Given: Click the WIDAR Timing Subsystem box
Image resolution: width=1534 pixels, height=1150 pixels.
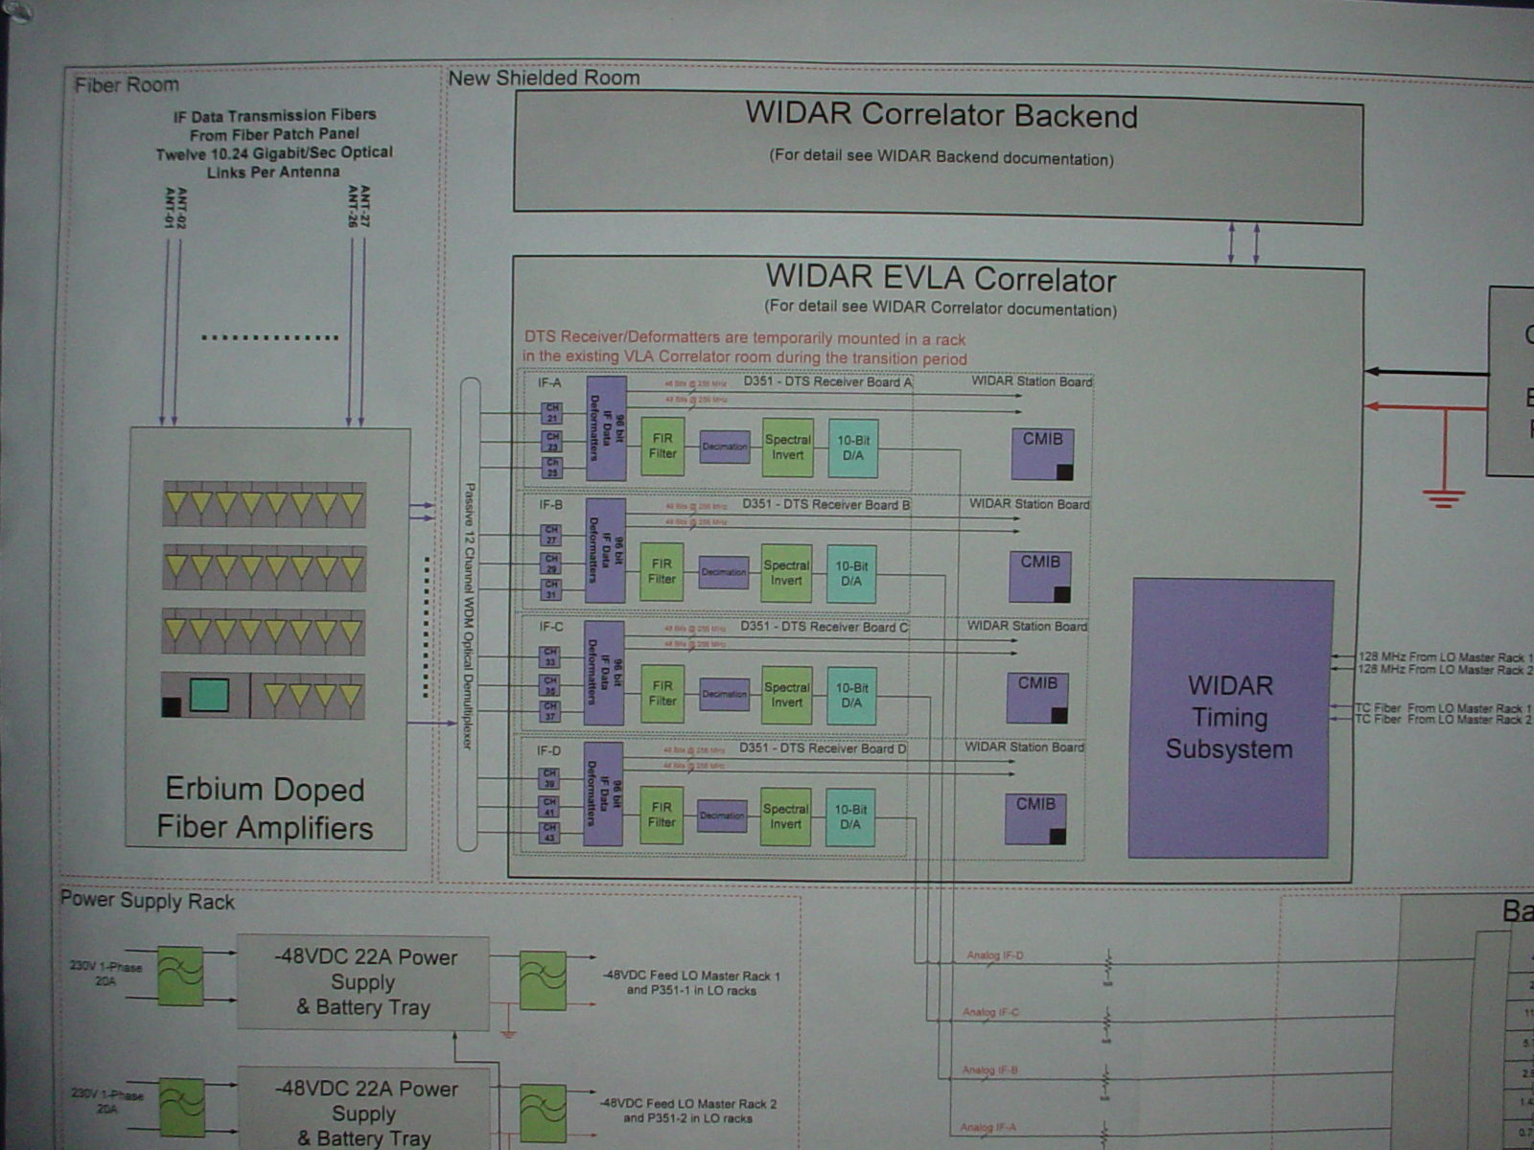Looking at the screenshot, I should [x=1230, y=718].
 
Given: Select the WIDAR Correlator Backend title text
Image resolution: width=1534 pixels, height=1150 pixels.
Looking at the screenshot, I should [x=941, y=115].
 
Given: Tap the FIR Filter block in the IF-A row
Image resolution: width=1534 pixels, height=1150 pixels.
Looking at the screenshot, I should [x=662, y=447].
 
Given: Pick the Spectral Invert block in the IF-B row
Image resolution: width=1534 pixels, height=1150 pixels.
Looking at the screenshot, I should [x=786, y=573].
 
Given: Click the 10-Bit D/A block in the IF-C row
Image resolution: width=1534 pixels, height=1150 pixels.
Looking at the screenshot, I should [x=851, y=695].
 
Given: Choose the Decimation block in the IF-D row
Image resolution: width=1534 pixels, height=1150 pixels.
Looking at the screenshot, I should [x=722, y=816].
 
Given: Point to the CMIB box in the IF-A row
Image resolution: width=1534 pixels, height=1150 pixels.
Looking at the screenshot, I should [x=1042, y=452].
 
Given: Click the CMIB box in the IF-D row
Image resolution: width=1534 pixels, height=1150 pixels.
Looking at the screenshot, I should [x=1035, y=817].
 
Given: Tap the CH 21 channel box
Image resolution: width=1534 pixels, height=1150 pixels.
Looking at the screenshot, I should [x=552, y=413].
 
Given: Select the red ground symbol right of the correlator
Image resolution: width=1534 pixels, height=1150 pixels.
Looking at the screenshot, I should [x=1443, y=497].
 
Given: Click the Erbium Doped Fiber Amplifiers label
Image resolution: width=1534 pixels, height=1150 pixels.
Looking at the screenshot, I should [x=265, y=808].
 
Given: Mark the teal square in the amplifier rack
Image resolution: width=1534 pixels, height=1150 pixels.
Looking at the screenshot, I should [x=209, y=695].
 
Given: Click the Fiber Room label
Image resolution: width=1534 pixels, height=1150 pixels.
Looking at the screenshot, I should [x=127, y=85].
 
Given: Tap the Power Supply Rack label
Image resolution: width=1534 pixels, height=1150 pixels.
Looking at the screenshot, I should [x=148, y=901].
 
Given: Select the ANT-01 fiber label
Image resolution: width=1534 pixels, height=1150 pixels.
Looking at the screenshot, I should [x=171, y=208].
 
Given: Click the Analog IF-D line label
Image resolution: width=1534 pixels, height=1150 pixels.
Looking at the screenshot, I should [x=994, y=955].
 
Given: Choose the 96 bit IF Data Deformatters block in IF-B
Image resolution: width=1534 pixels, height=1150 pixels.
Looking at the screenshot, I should [x=605, y=550].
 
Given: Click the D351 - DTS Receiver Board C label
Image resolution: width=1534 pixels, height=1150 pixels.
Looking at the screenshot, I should [x=824, y=627].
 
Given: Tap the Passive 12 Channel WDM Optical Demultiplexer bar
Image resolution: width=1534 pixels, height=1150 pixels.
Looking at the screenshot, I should [x=469, y=614].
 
